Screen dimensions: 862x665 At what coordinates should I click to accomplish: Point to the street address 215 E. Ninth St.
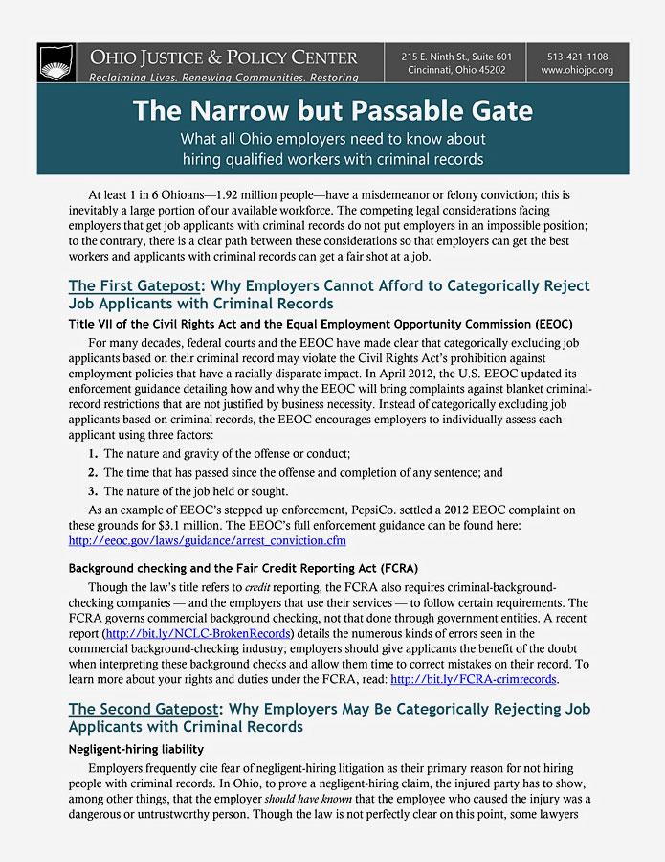(435, 57)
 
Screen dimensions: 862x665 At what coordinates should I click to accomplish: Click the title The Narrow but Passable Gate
(332, 110)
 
